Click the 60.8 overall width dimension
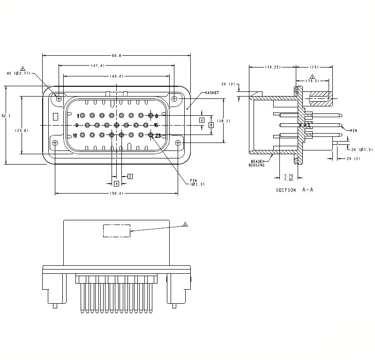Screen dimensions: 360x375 tap(117, 56)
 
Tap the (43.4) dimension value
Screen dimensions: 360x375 tap(117, 76)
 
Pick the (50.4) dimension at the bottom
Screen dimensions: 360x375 tap(116, 194)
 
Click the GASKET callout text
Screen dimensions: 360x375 tap(212, 93)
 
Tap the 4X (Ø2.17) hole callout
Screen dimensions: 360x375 tap(19, 74)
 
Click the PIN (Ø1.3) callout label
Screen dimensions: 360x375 tap(197, 182)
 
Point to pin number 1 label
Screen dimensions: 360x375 tap(78, 115)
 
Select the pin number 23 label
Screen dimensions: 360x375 tap(158, 135)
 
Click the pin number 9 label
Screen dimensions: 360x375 tap(76, 125)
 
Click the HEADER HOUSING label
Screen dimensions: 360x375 tap(257, 163)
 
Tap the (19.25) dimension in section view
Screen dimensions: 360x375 tap(272, 67)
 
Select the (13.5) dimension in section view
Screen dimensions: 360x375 tap(313, 81)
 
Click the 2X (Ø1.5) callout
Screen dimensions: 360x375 tap(361, 149)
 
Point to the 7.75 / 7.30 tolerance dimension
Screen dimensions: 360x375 tap(289, 177)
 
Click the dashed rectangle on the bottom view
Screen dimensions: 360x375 tap(117, 231)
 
